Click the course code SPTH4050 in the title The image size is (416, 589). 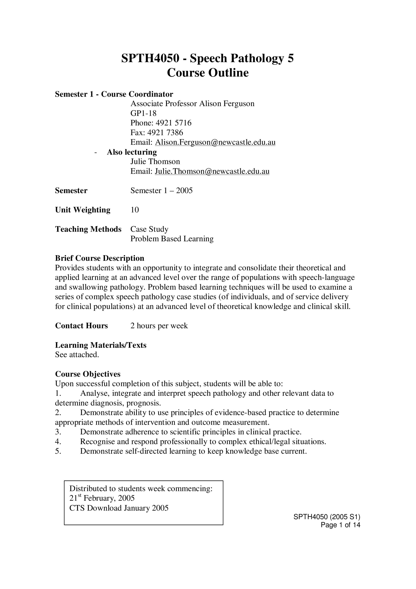[x=150, y=59]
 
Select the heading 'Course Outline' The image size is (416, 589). [x=208, y=73]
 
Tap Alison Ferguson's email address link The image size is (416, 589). [x=215, y=142]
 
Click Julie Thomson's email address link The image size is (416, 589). [x=212, y=171]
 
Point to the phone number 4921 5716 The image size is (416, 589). [x=173, y=123]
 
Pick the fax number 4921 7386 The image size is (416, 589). [x=165, y=133]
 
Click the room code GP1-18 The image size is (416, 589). [x=143, y=113]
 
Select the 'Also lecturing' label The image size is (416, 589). [x=132, y=152]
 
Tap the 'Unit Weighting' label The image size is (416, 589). [x=83, y=210]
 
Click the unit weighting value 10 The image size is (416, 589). [x=135, y=210]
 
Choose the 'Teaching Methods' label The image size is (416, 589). [x=88, y=229]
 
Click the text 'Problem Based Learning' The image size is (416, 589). [x=172, y=239]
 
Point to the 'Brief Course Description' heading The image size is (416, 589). [x=99, y=258]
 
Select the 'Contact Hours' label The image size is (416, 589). [x=81, y=326]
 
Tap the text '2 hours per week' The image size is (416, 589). [x=159, y=326]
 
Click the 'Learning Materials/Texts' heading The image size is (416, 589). [x=100, y=345]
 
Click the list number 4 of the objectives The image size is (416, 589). [x=58, y=442]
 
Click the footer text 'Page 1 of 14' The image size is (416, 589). [x=340, y=525]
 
